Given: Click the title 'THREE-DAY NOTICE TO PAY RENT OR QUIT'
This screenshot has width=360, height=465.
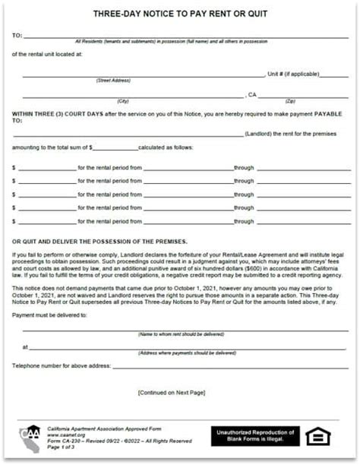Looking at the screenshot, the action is [x=180, y=14].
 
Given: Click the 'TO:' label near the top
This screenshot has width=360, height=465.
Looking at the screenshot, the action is [x=17, y=36].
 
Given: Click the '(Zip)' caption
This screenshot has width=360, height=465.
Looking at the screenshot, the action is [x=289, y=101].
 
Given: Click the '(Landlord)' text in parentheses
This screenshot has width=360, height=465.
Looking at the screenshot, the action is [x=262, y=134].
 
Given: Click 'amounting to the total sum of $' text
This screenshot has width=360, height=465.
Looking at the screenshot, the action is [x=52, y=147].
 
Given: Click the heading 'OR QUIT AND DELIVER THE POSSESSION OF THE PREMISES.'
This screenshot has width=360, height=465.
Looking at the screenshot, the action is [x=99, y=240].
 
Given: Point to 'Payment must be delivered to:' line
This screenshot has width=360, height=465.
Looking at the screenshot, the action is [x=49, y=314].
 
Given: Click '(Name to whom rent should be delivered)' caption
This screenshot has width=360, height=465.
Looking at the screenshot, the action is [x=181, y=334].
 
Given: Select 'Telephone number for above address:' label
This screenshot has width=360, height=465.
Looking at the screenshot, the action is [x=61, y=366].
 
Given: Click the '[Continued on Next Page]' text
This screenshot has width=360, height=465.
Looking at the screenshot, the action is [x=172, y=392].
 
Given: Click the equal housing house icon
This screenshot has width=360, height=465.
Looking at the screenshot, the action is [x=318, y=436].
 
